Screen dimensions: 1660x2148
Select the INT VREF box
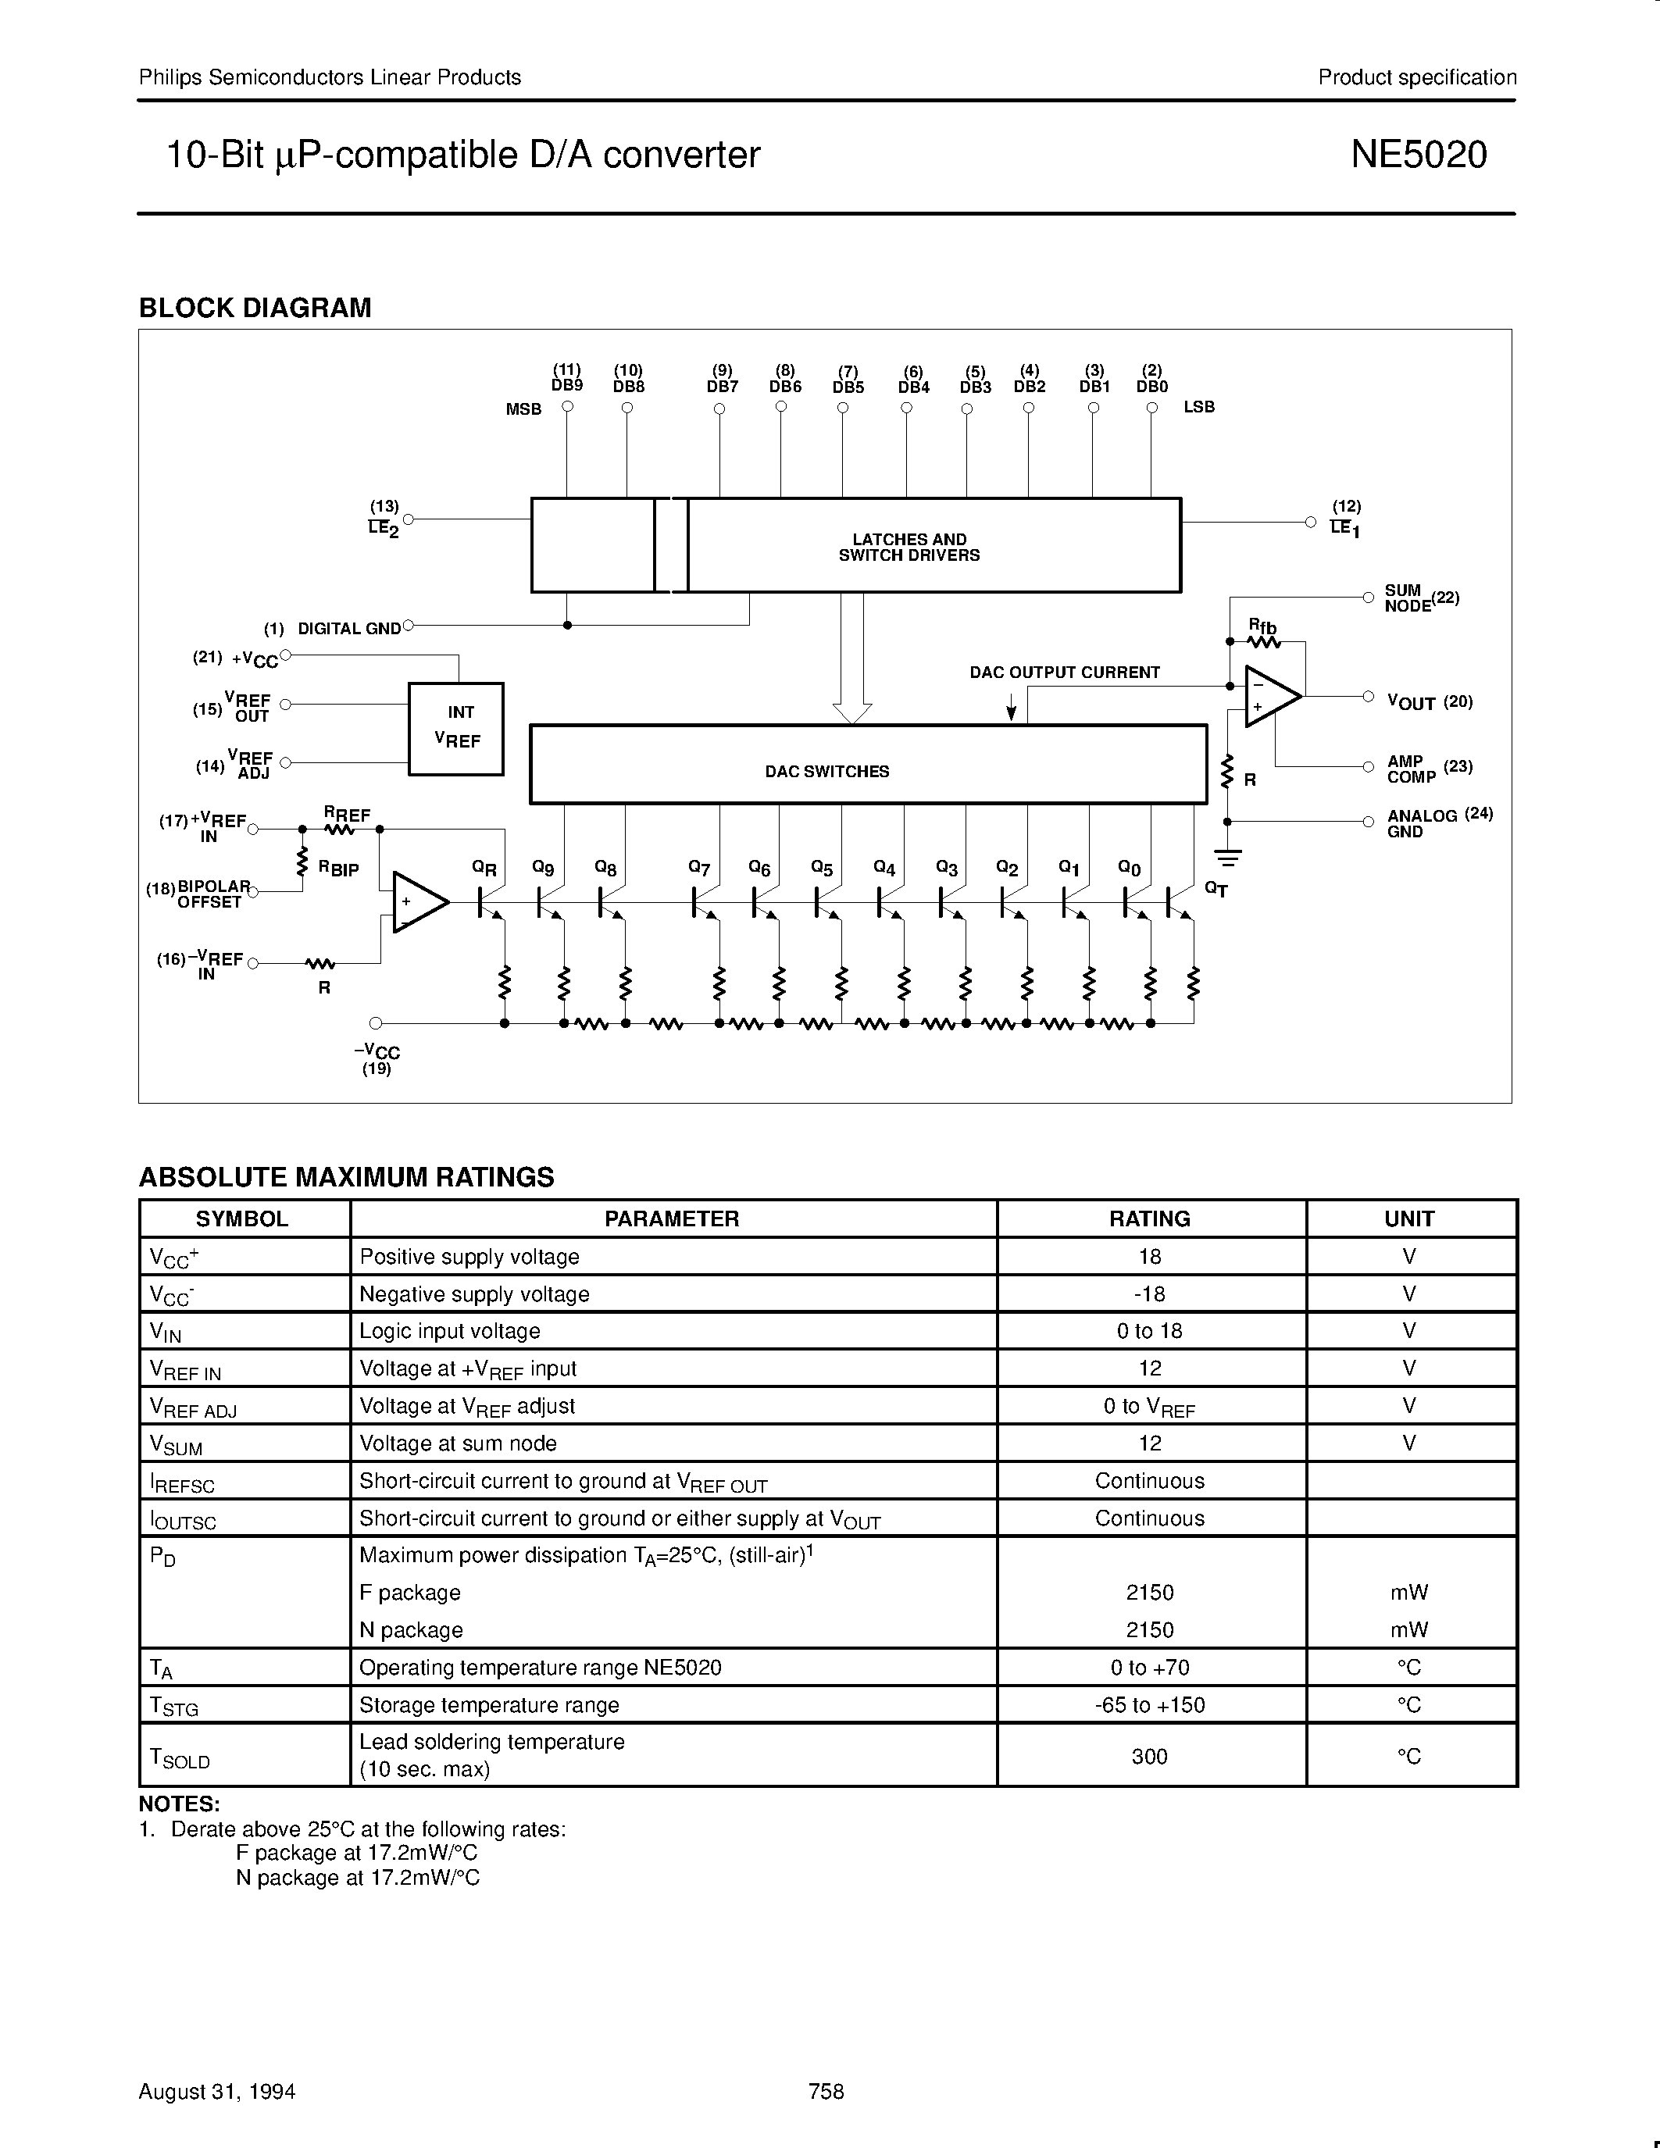456,728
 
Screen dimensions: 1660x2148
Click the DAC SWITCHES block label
827,772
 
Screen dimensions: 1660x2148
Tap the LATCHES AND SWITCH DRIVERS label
909,547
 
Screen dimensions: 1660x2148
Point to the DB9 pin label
567,386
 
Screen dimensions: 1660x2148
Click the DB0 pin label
1151,387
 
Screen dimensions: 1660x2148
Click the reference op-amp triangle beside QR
418,901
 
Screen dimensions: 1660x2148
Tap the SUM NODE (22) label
1420,598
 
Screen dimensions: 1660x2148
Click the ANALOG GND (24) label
1439,823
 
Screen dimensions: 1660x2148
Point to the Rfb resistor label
1262,626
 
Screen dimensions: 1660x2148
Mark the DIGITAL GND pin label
348,629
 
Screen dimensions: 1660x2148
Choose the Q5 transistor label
822,869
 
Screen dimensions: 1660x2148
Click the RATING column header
1150,1219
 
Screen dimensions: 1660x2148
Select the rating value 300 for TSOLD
1150,1756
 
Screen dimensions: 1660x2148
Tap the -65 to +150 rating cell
1150,1704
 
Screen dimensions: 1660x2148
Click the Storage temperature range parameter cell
489,1704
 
